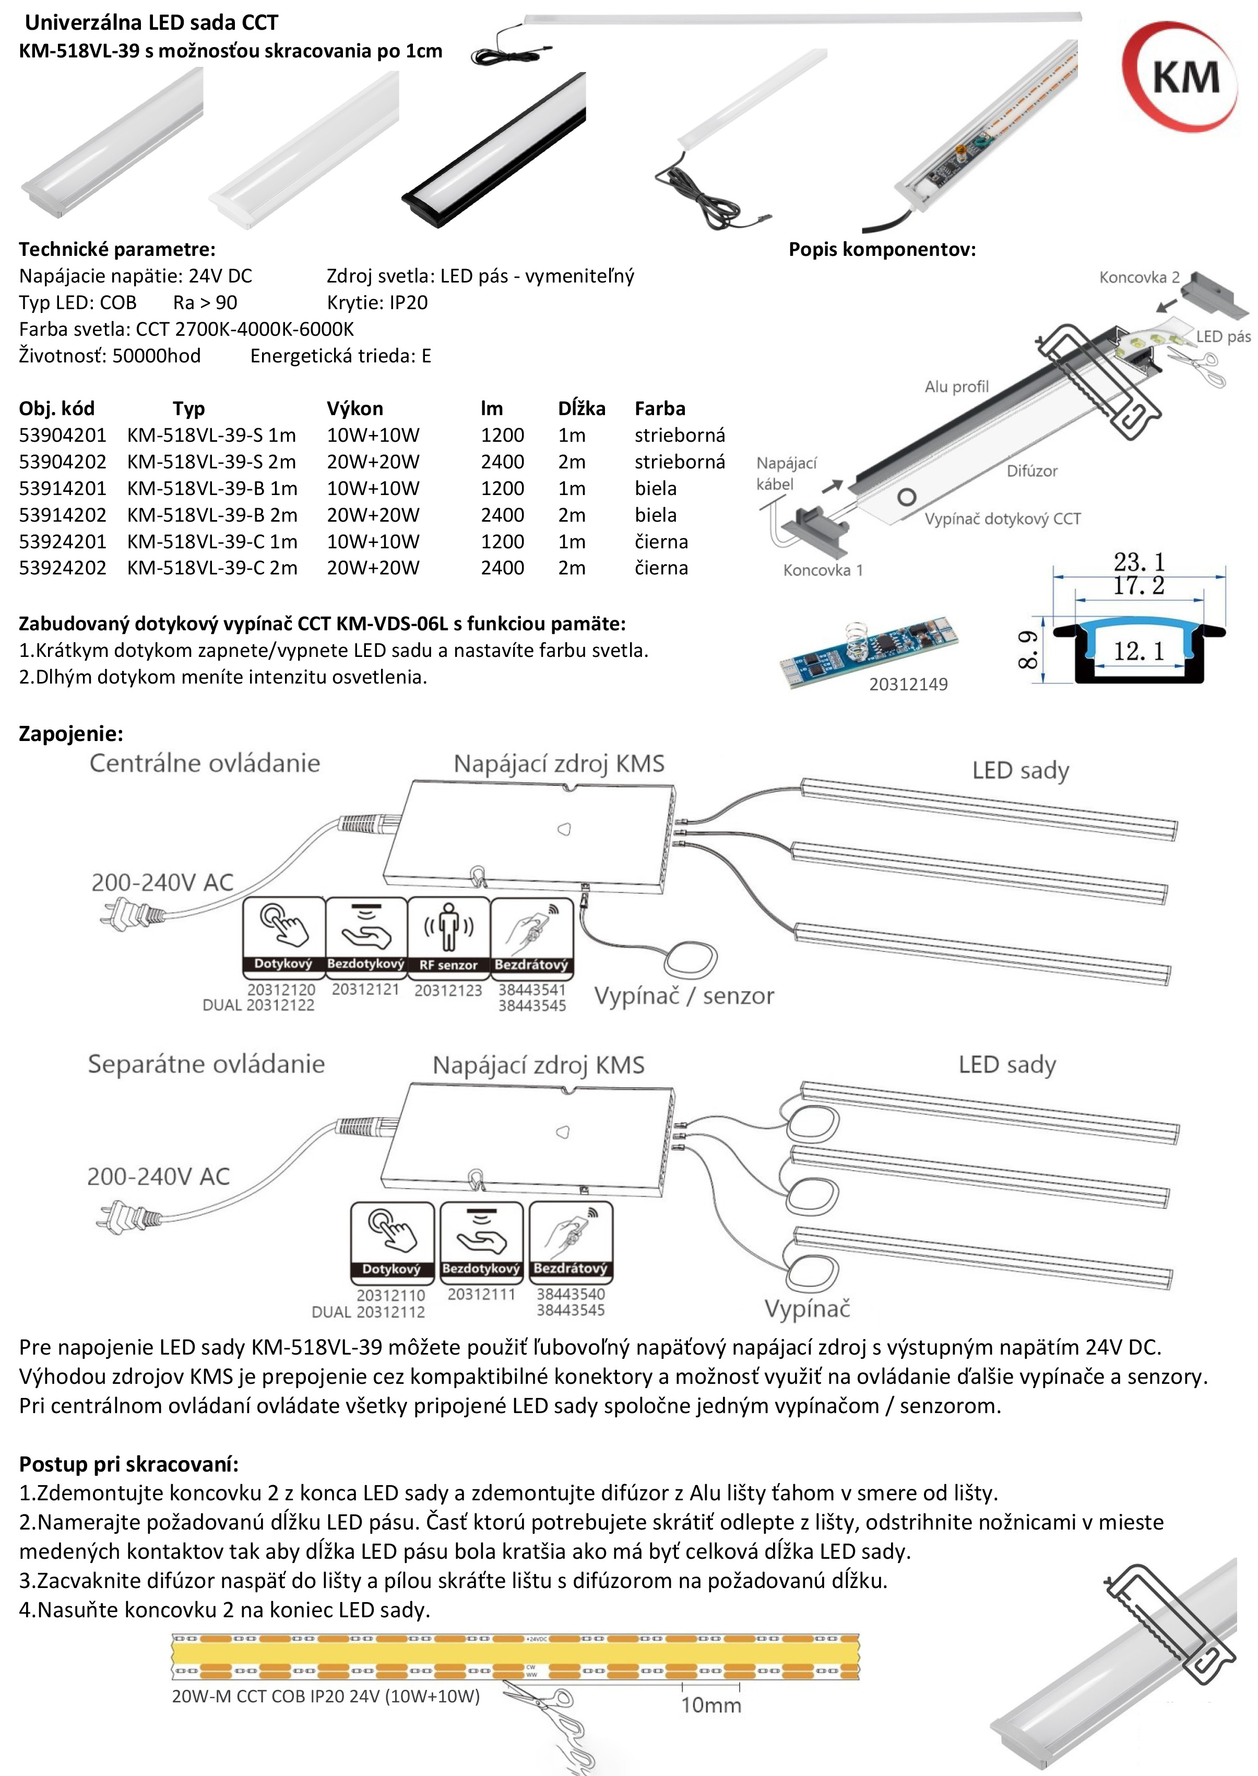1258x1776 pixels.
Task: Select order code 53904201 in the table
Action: [x=63, y=436]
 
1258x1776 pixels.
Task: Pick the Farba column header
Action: [x=660, y=408]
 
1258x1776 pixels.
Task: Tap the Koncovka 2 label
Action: [x=1138, y=277]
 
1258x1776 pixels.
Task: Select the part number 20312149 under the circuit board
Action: [x=908, y=684]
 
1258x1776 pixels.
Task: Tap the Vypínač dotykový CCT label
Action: [x=1002, y=519]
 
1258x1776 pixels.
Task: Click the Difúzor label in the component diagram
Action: [x=1032, y=471]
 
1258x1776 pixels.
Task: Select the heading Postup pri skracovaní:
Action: [x=128, y=1464]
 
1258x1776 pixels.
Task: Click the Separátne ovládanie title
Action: [x=206, y=1064]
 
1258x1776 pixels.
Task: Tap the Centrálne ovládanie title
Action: [x=205, y=763]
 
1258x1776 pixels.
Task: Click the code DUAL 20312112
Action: [x=368, y=1312]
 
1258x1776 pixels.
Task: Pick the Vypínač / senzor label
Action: [x=684, y=996]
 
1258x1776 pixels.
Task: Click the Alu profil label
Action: [x=957, y=386]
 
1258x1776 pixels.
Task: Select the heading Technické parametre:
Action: [x=117, y=250]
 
